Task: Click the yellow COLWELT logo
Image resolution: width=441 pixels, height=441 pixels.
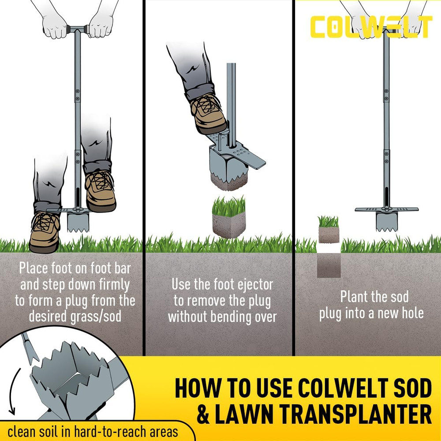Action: pos(370,27)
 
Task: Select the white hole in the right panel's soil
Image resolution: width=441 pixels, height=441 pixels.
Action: pos(329,248)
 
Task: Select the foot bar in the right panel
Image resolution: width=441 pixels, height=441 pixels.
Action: pos(386,209)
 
